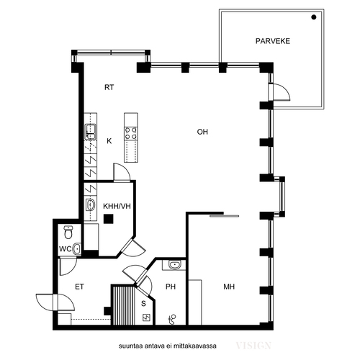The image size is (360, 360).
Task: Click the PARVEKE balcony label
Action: [x=273, y=41]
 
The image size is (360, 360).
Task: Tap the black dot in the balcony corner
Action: [x=314, y=17]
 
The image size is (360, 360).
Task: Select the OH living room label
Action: [x=202, y=132]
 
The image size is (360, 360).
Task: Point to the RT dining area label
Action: [x=109, y=87]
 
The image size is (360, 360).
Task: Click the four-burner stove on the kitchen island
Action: [x=131, y=133]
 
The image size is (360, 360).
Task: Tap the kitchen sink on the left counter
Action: [x=91, y=132]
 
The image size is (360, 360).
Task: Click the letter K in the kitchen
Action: [x=109, y=141]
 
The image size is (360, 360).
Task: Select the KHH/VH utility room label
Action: [x=117, y=206]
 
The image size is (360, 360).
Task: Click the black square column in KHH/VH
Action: [x=108, y=219]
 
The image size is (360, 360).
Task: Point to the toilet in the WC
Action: [x=68, y=232]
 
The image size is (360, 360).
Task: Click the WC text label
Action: [x=65, y=249]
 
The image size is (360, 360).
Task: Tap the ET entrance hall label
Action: [x=79, y=287]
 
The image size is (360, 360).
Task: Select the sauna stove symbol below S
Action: [x=146, y=318]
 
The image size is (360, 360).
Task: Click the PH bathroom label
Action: [x=171, y=287]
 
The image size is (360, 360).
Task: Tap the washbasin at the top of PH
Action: [x=174, y=265]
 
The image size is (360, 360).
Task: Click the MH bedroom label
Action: [x=229, y=287]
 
